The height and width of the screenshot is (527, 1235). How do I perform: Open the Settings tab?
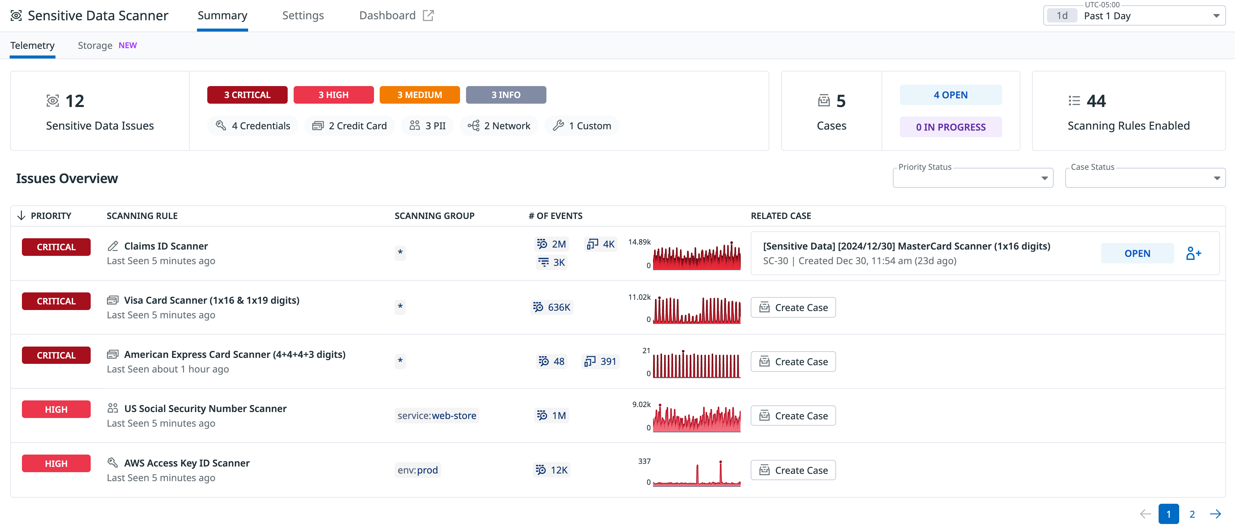(303, 15)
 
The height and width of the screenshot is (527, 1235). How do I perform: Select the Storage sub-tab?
(95, 45)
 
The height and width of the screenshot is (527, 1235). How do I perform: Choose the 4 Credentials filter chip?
(253, 126)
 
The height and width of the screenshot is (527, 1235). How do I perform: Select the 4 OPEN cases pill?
(950, 95)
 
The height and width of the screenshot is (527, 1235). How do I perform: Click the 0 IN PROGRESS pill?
(950, 127)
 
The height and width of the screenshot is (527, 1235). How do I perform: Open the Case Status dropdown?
(1145, 178)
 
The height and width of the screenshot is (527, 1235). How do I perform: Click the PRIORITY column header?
(50, 216)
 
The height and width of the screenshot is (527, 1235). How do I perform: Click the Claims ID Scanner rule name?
(165, 246)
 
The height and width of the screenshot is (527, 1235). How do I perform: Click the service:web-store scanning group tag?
(436, 416)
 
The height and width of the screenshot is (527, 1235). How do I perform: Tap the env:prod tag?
(417, 470)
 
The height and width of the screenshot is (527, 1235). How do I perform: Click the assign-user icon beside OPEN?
(1193, 253)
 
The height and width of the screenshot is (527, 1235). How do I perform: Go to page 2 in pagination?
(1192, 514)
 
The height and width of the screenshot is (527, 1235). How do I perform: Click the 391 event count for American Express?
(601, 361)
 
